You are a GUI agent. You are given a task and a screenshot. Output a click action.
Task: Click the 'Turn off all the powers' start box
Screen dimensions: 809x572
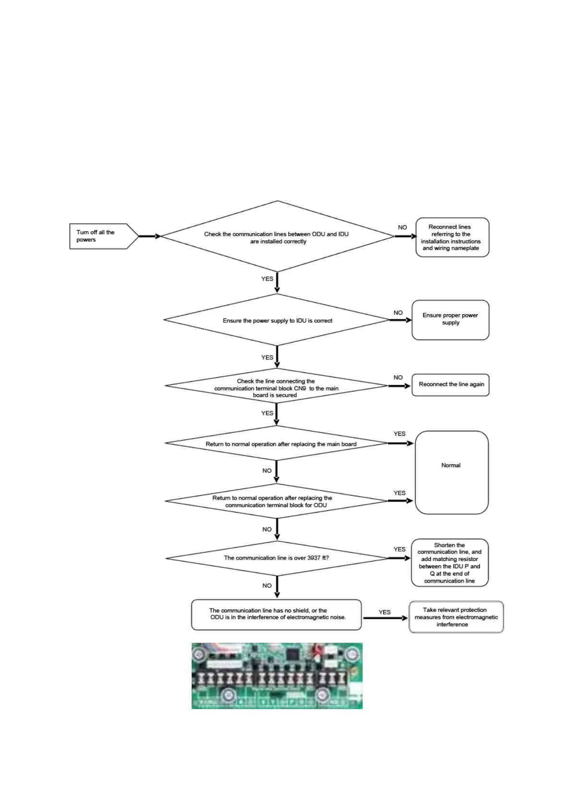click(x=98, y=236)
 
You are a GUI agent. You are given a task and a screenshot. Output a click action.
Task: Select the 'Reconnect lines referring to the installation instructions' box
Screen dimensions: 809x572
click(x=452, y=237)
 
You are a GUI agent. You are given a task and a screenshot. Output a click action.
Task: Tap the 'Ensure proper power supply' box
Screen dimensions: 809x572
click(x=450, y=319)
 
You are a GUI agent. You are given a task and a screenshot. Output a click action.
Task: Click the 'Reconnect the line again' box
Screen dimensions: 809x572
click(x=450, y=384)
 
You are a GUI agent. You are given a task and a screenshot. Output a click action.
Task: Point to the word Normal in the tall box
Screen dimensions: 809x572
click(x=450, y=465)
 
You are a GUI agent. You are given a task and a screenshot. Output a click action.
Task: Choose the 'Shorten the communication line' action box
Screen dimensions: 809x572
click(x=450, y=563)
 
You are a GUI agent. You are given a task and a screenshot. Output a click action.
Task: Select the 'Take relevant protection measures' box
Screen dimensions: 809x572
click(x=456, y=617)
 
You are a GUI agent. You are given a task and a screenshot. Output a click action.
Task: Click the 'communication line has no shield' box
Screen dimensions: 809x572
click(x=276, y=614)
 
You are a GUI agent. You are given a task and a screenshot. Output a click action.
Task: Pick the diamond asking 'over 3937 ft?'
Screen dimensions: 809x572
click(x=277, y=558)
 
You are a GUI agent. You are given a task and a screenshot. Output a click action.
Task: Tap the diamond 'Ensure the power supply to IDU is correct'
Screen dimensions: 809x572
click(x=277, y=320)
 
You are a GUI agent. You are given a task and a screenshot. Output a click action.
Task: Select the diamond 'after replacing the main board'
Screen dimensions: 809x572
click(x=277, y=444)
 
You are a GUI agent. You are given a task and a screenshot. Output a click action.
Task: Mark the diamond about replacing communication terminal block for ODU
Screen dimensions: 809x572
click(x=277, y=501)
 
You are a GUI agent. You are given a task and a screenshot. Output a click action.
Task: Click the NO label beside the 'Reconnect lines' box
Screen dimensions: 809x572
click(x=402, y=227)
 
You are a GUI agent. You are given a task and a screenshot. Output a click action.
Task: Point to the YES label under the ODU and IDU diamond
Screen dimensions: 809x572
click(x=267, y=279)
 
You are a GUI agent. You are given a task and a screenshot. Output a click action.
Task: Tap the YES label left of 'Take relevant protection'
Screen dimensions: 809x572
click(x=385, y=612)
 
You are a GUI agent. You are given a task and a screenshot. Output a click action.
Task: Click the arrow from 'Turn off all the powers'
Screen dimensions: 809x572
click(x=149, y=236)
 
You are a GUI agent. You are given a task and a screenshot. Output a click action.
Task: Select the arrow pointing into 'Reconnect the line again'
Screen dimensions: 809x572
click(x=399, y=385)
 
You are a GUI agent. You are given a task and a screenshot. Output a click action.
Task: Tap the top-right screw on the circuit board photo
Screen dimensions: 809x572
click(x=353, y=654)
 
